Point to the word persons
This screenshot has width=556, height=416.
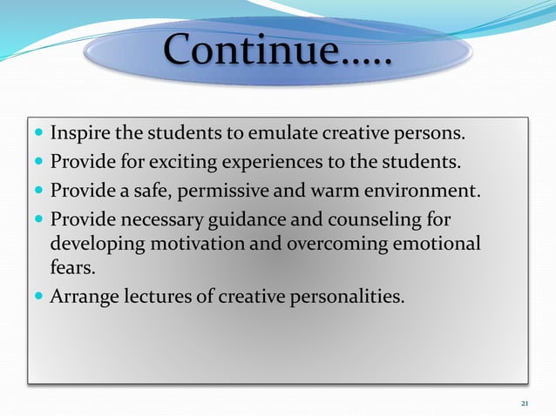click(x=434, y=136)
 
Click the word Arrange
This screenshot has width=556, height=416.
click(x=83, y=297)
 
